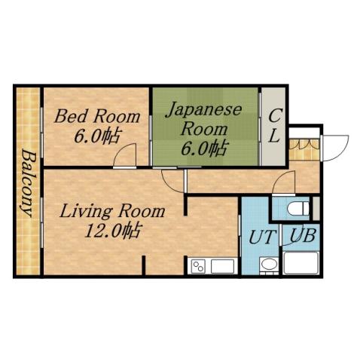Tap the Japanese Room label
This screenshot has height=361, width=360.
203,118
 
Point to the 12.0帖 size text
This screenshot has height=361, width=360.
113,230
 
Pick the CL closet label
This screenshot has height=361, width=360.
275,126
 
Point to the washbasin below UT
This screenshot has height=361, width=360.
267,265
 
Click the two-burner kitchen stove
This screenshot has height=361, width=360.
200,266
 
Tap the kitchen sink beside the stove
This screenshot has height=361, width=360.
222,266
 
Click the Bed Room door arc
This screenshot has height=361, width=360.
125,155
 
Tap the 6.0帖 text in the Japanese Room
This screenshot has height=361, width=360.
203,147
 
